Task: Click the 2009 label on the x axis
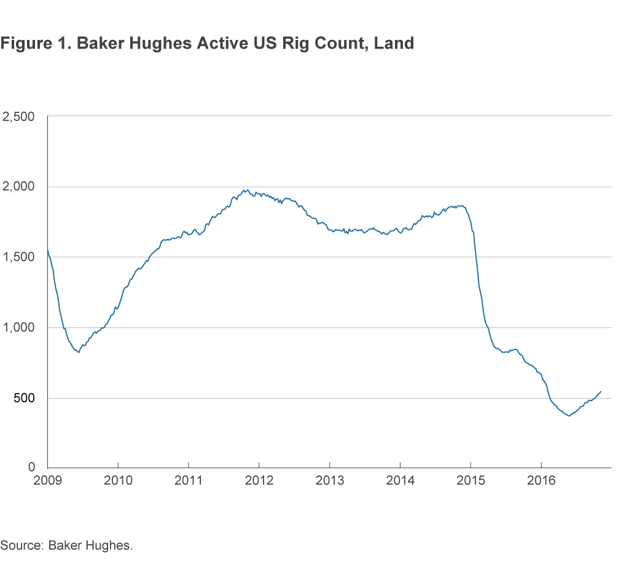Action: point(47,480)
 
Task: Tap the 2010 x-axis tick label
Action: point(118,480)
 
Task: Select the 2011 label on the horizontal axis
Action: point(189,480)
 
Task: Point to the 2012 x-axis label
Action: point(259,480)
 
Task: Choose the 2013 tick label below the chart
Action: point(330,480)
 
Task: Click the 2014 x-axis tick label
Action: point(400,480)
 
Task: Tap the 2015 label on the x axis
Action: point(471,480)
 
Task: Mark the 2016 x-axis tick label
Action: point(541,480)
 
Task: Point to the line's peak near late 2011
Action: point(246,190)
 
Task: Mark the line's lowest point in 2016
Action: point(569,416)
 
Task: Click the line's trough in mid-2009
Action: point(79,353)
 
